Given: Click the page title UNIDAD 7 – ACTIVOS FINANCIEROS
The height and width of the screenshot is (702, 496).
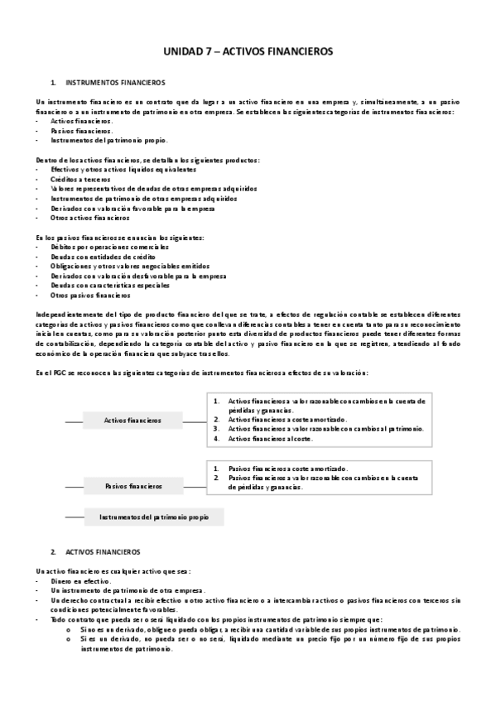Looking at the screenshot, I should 248,51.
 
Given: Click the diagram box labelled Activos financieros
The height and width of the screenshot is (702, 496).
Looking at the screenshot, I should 132,421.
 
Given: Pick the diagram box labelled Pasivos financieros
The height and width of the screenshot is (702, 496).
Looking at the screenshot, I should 132,486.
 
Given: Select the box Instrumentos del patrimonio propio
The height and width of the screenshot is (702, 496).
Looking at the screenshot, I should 154,517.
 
